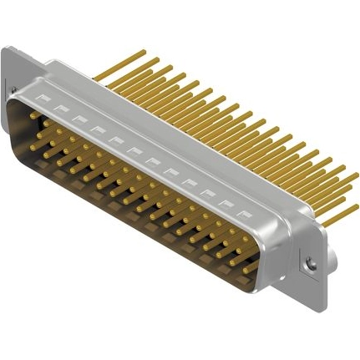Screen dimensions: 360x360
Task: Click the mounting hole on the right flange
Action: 312,264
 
